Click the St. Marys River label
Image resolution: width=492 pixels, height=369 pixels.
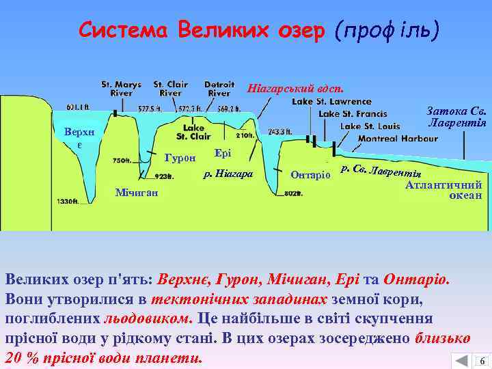pyautogui.click(x=121, y=89)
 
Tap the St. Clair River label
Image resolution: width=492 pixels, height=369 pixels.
pyautogui.click(x=170, y=89)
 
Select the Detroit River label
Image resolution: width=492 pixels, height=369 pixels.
pyautogui.click(x=219, y=89)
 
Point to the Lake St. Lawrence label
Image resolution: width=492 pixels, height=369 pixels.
pyautogui.click(x=332, y=102)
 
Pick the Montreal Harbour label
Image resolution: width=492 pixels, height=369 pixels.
pyautogui.click(x=398, y=138)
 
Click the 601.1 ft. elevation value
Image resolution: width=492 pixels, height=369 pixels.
pyautogui.click(x=79, y=107)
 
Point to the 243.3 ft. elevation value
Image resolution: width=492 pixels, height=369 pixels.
pyautogui.click(x=279, y=132)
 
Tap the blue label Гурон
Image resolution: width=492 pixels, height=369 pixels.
pyautogui.click(x=180, y=159)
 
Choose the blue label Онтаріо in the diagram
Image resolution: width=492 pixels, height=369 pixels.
pyautogui.click(x=310, y=175)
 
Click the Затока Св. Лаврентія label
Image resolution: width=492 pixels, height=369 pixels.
pyautogui.click(x=456, y=117)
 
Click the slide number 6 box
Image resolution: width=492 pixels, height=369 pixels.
pyautogui.click(x=482, y=361)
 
